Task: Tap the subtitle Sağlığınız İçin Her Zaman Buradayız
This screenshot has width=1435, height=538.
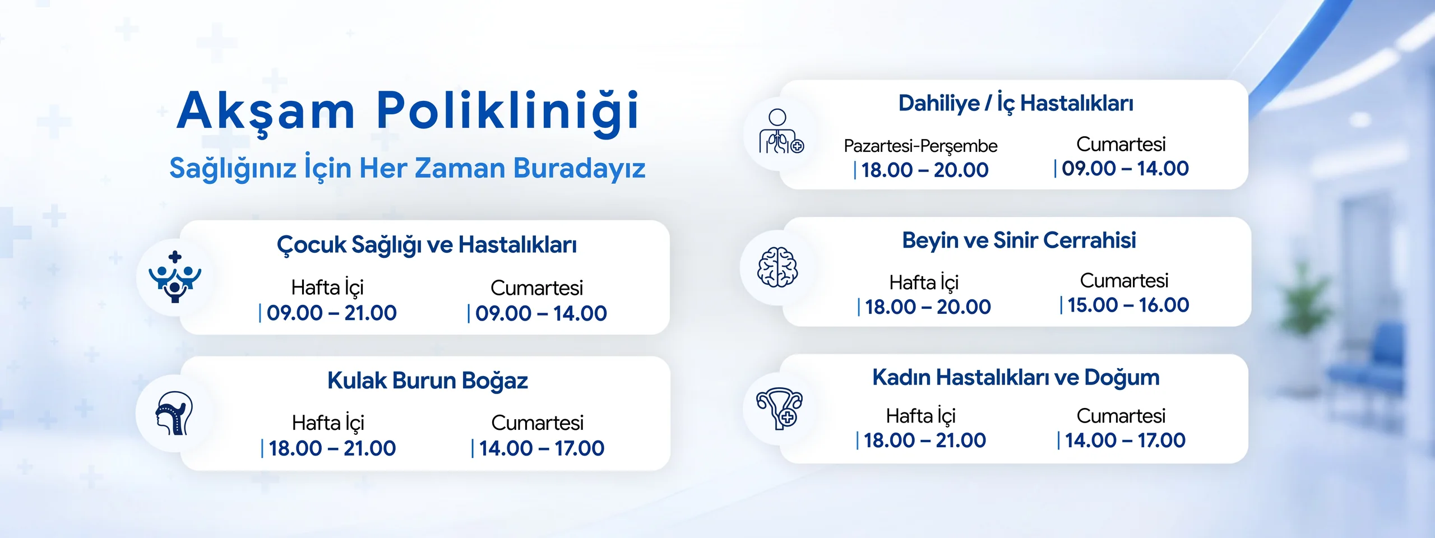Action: click(408, 168)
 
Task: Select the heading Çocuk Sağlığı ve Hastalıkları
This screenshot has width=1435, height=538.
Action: click(427, 245)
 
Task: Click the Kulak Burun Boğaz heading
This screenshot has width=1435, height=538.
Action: click(428, 381)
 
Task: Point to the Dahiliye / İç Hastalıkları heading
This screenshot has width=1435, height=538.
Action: click(1016, 104)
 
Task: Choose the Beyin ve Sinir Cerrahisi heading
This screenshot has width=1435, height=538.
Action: click(1019, 240)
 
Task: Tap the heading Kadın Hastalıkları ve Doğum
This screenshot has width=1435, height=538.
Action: click(1016, 378)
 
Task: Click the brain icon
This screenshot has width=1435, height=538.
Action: click(777, 267)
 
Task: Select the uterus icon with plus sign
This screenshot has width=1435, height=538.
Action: click(779, 409)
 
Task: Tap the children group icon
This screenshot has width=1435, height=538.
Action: click(175, 277)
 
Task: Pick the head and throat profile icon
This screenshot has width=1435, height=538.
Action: click(174, 414)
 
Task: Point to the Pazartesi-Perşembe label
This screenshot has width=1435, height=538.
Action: click(920, 146)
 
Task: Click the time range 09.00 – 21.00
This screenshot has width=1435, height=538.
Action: click(332, 313)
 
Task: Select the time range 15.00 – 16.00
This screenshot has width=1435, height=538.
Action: click(1128, 305)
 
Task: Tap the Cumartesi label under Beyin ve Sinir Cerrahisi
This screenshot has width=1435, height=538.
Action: click(1124, 280)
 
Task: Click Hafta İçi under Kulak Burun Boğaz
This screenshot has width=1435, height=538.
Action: click(328, 423)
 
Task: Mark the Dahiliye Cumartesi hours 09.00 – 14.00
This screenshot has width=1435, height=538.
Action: click(1125, 168)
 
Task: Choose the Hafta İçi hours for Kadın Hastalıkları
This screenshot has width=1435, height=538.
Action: click(924, 440)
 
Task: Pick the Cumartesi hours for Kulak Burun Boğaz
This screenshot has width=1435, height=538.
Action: click(541, 448)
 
